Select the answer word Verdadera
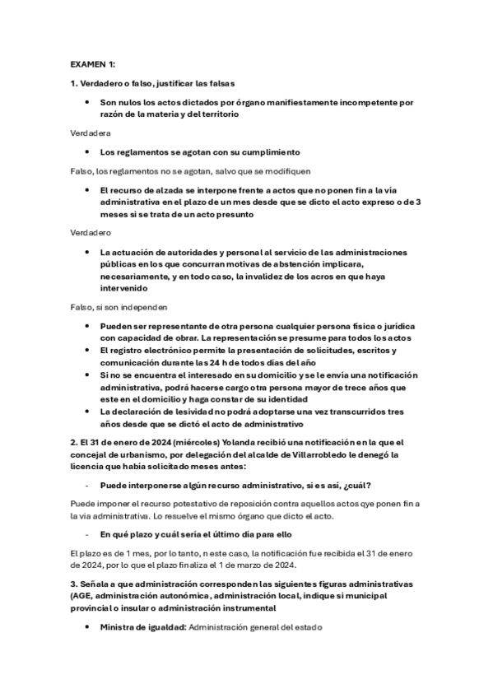pyautogui.click(x=91, y=133)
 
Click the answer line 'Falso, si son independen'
pyautogui.click(x=119, y=307)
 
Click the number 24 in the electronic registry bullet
pyautogui.click(x=225, y=362)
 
